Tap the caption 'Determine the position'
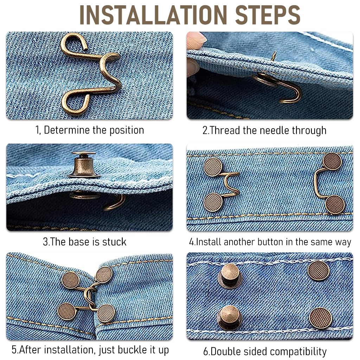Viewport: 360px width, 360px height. (90, 130)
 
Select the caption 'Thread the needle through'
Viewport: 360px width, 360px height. (264, 130)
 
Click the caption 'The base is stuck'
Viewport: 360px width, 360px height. (84, 242)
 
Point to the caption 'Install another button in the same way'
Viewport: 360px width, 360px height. (270, 242)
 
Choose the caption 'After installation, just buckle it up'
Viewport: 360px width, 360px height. (90, 350)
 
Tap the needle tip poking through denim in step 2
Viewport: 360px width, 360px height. (274, 55)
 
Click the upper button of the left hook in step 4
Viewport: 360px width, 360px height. (213, 167)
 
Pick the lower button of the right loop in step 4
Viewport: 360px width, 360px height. (335, 204)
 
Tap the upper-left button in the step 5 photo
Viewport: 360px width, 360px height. (70, 280)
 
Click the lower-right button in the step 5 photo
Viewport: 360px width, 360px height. (106, 313)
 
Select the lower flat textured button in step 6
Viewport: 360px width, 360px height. (320, 318)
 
